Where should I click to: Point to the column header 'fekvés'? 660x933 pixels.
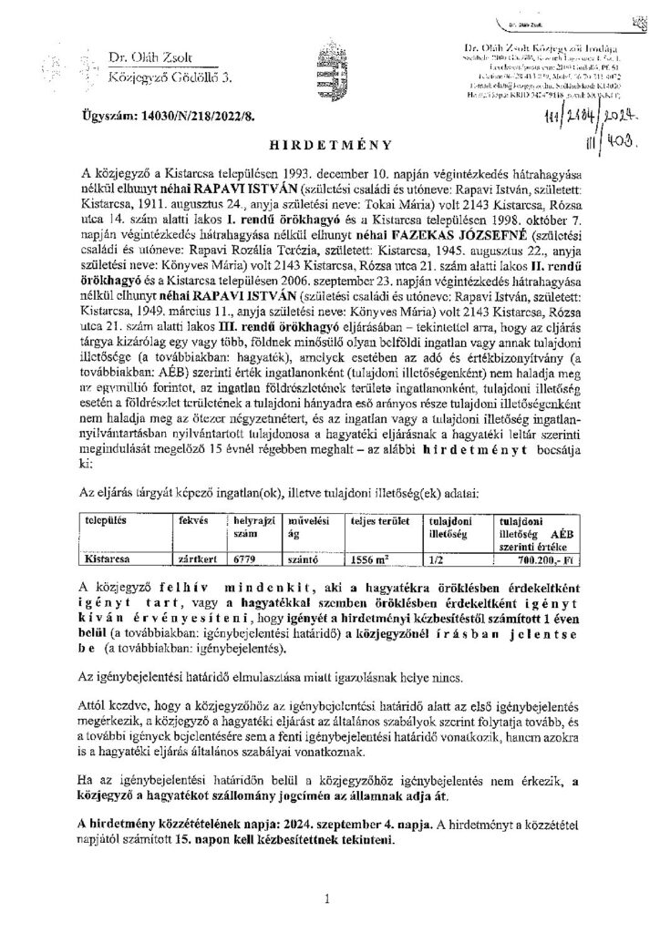click(196, 517)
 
